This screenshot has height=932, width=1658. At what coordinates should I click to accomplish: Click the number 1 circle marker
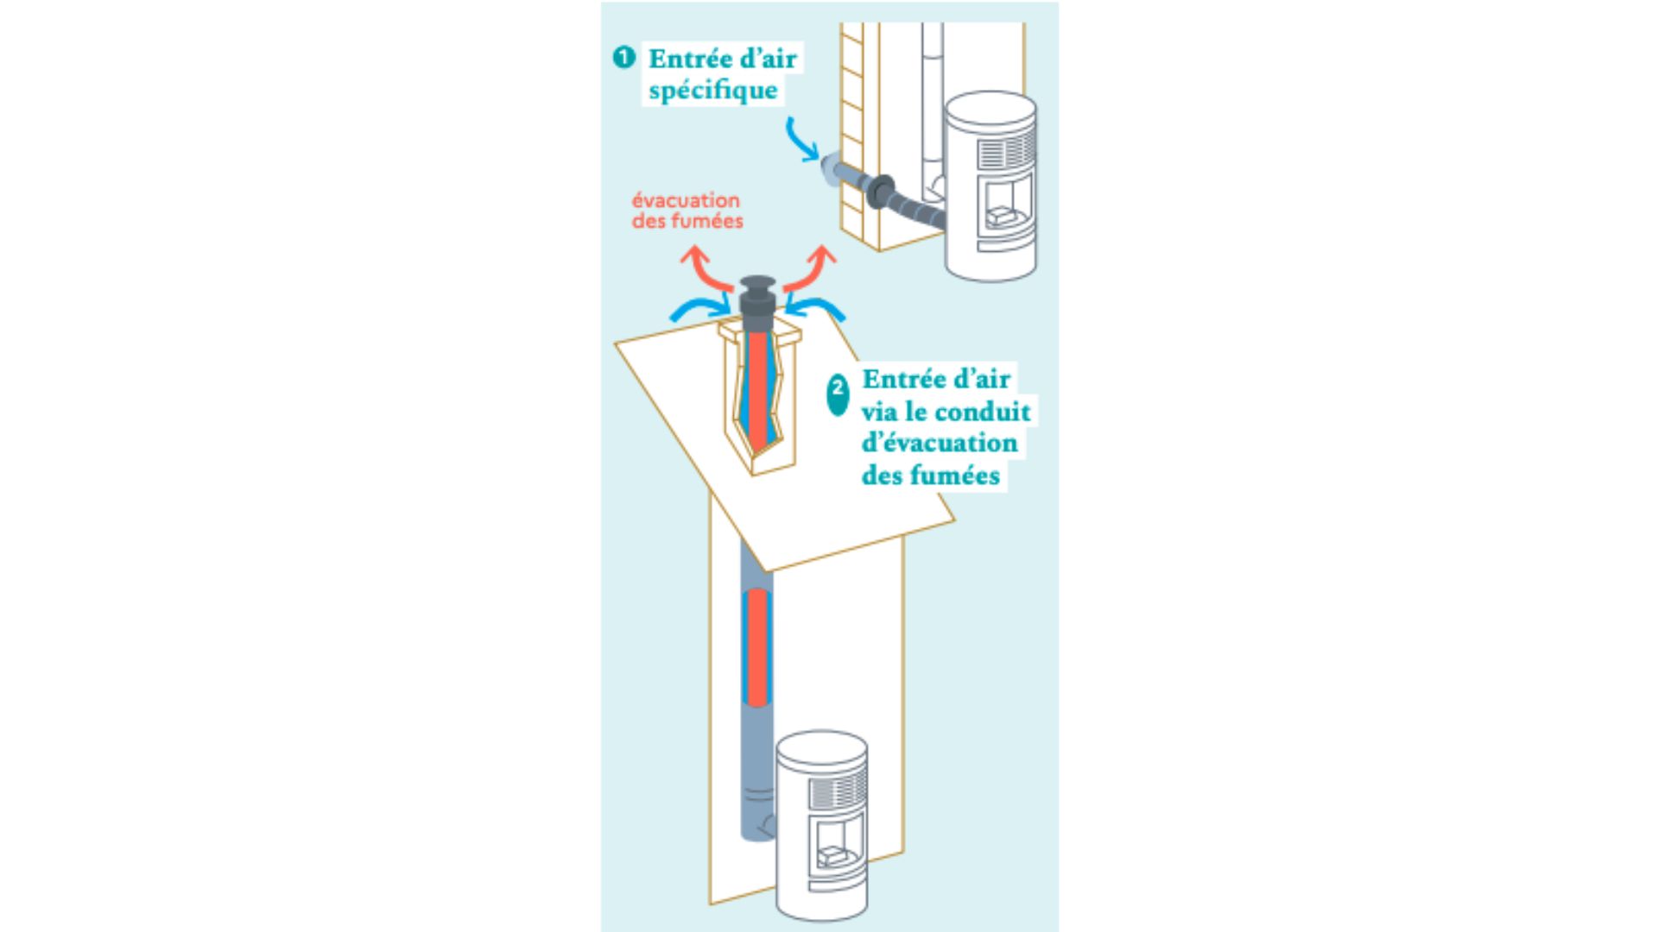[x=623, y=58]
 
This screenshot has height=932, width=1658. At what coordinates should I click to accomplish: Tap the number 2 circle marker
[x=838, y=395]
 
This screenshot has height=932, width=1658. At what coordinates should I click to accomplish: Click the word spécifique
[x=713, y=91]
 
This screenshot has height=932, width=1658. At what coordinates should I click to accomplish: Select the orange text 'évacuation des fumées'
[x=687, y=211]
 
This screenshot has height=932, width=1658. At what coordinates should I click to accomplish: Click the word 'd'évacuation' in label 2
[x=940, y=444]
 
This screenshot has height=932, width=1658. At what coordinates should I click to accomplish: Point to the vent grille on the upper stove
[x=1005, y=152]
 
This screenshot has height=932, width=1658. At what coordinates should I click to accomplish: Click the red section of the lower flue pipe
[x=757, y=647]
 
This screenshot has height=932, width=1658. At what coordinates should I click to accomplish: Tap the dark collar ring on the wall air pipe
[x=882, y=192]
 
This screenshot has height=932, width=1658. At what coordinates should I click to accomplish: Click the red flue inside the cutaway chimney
[x=757, y=388]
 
